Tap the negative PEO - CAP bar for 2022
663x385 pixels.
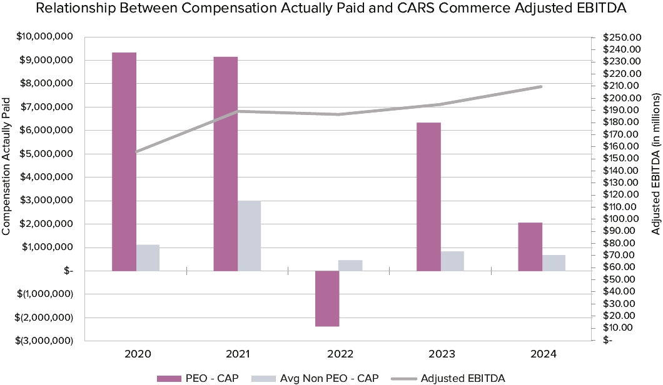(x=327, y=298)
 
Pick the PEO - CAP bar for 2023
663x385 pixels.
(x=428, y=196)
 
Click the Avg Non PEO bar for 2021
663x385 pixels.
(x=249, y=236)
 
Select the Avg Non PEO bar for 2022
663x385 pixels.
(x=350, y=265)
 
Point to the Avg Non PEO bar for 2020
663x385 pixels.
(x=148, y=257)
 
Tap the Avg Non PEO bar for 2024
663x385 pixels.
(x=554, y=262)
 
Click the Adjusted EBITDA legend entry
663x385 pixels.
(x=462, y=377)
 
